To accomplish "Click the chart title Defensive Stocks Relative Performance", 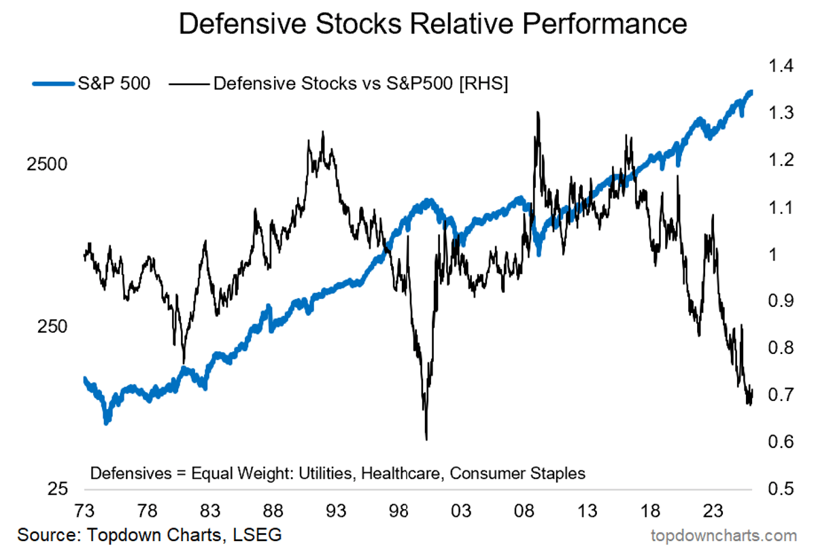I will [x=432, y=25].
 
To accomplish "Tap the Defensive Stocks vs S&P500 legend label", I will [x=360, y=84].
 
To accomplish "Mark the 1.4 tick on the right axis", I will [x=779, y=66].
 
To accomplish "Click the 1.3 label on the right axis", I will [x=779, y=113].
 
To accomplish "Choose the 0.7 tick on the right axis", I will [x=779, y=395].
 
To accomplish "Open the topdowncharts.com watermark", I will [x=724, y=535].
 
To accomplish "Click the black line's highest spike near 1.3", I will [x=538, y=113].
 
